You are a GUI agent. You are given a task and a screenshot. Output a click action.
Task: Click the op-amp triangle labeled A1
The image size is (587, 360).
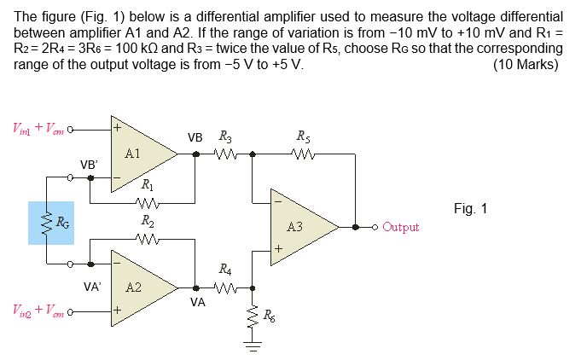[x=137, y=154]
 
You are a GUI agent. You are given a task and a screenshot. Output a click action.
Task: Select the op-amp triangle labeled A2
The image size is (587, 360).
[x=137, y=287]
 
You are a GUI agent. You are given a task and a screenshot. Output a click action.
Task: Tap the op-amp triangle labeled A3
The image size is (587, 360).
[x=299, y=227]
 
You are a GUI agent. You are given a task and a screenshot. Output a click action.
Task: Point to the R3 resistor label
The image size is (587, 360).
[x=225, y=136]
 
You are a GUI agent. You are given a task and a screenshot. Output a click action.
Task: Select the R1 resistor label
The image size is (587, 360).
[x=147, y=185]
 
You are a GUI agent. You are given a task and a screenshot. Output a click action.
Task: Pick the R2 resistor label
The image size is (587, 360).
[x=147, y=221]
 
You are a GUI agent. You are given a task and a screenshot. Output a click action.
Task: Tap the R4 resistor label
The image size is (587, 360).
[x=225, y=270]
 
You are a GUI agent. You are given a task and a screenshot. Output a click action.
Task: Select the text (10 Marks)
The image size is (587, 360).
[x=527, y=64]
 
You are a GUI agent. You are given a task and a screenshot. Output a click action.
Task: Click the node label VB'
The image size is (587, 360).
[x=89, y=164]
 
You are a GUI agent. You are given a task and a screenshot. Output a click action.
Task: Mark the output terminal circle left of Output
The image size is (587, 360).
[x=375, y=227]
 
